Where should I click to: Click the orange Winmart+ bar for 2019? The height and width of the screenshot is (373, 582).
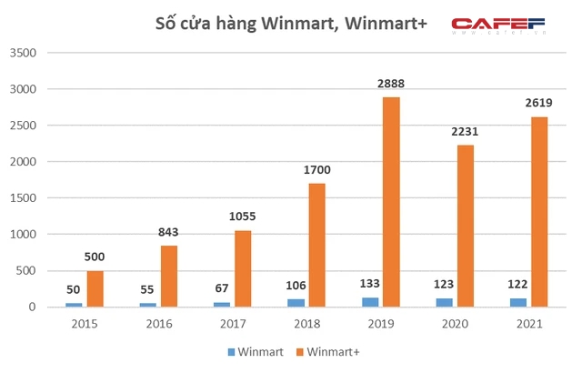[x=390, y=202]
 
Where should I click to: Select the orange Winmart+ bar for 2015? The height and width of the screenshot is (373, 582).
[x=95, y=288]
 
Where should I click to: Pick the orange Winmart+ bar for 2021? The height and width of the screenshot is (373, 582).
[x=538, y=212]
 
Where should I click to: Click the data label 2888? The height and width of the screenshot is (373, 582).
[x=391, y=84]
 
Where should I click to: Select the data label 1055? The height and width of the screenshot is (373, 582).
[x=243, y=217]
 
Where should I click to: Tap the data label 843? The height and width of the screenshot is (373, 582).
[x=169, y=232]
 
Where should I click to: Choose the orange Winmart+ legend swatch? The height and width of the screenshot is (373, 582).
[x=299, y=350]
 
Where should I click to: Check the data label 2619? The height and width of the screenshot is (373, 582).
[x=538, y=104]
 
